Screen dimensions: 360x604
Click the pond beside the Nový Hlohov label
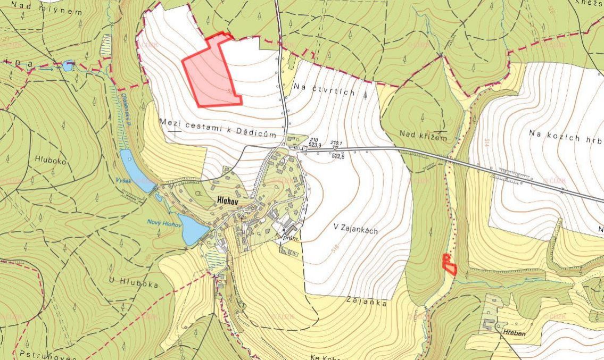193,229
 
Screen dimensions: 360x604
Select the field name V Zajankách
355,230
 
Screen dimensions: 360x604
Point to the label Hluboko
51,159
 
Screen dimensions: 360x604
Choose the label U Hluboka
132,284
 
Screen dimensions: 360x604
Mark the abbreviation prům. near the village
291,239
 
